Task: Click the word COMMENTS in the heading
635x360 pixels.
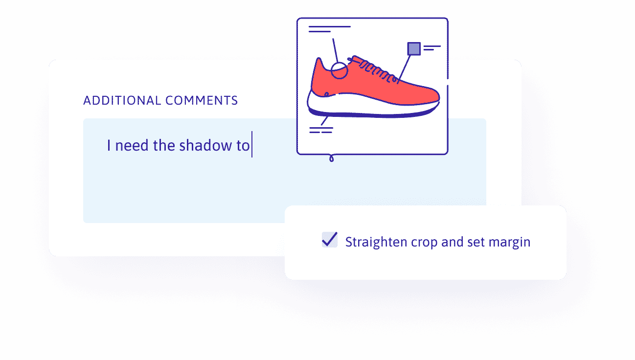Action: [x=202, y=101]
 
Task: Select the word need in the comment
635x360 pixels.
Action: [x=132, y=146]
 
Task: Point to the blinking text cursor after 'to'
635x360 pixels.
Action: [x=251, y=145]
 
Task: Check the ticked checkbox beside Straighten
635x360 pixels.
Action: [x=329, y=240]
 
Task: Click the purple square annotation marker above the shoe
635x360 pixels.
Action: [x=414, y=48]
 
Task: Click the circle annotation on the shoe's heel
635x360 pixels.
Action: [x=339, y=71]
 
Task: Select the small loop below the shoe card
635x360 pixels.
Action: [x=331, y=158]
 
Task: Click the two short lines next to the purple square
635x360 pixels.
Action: [x=431, y=48]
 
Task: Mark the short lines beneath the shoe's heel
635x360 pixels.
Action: [x=321, y=130]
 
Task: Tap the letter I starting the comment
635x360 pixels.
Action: [x=109, y=145]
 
